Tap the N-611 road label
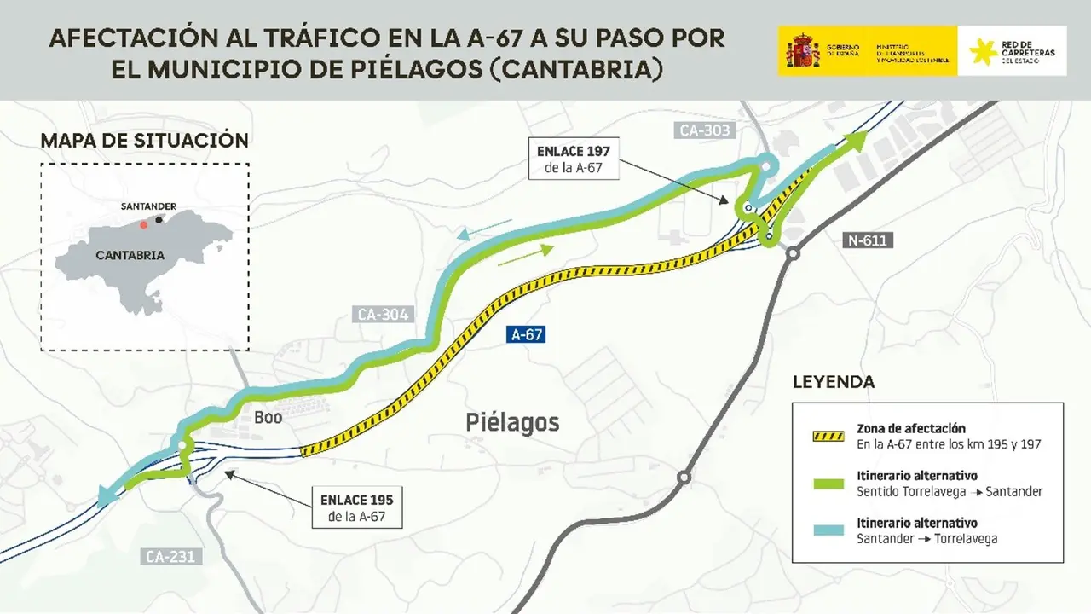[867, 240]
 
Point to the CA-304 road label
[383, 315]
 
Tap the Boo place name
[268, 418]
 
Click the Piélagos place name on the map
[512, 422]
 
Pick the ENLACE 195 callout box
[357, 508]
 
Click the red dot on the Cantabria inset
[143, 224]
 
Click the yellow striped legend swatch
[826, 436]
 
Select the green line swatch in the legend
[826, 484]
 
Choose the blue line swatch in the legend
[826, 530]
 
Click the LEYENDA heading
[833, 382]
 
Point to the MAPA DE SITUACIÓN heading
[145, 141]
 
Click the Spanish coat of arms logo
[802, 52]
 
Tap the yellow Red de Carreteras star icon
[984, 52]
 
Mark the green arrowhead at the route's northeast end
[856, 141]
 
